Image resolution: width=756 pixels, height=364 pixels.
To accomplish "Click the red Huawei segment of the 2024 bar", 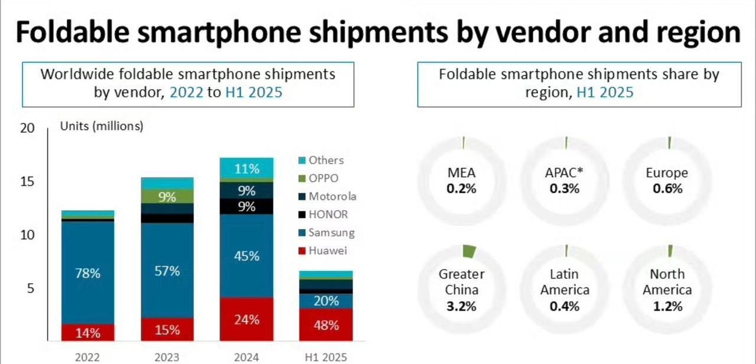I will [x=246, y=319].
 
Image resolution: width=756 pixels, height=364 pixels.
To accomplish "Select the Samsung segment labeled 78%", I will [x=87, y=273].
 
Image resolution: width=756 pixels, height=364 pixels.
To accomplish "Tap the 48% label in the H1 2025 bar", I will [x=326, y=325].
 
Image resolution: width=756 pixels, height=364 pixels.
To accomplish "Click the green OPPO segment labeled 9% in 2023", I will [x=167, y=196].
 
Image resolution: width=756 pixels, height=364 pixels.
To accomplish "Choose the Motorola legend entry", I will [x=333, y=196].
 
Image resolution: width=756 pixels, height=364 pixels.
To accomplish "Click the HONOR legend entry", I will [x=328, y=215].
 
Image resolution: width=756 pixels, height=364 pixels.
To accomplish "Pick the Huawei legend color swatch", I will [x=302, y=251].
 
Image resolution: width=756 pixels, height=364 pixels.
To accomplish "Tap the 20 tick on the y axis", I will [x=28, y=128].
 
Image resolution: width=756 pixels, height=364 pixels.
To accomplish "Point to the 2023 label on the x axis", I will [x=167, y=357].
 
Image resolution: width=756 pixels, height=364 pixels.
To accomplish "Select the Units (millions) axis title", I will [x=102, y=126].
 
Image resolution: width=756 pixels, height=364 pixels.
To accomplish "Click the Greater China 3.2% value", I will [x=462, y=306].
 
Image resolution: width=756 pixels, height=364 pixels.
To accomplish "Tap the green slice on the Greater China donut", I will [x=468, y=251].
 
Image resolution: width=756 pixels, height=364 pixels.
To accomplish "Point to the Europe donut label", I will [x=667, y=173].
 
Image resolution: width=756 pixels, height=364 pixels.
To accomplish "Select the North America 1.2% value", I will [x=667, y=306].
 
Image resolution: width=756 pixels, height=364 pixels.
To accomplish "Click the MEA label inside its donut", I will [x=462, y=173].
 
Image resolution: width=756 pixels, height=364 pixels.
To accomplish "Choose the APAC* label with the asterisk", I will [x=565, y=173].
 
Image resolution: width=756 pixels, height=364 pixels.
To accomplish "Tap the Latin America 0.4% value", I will [x=565, y=306].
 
